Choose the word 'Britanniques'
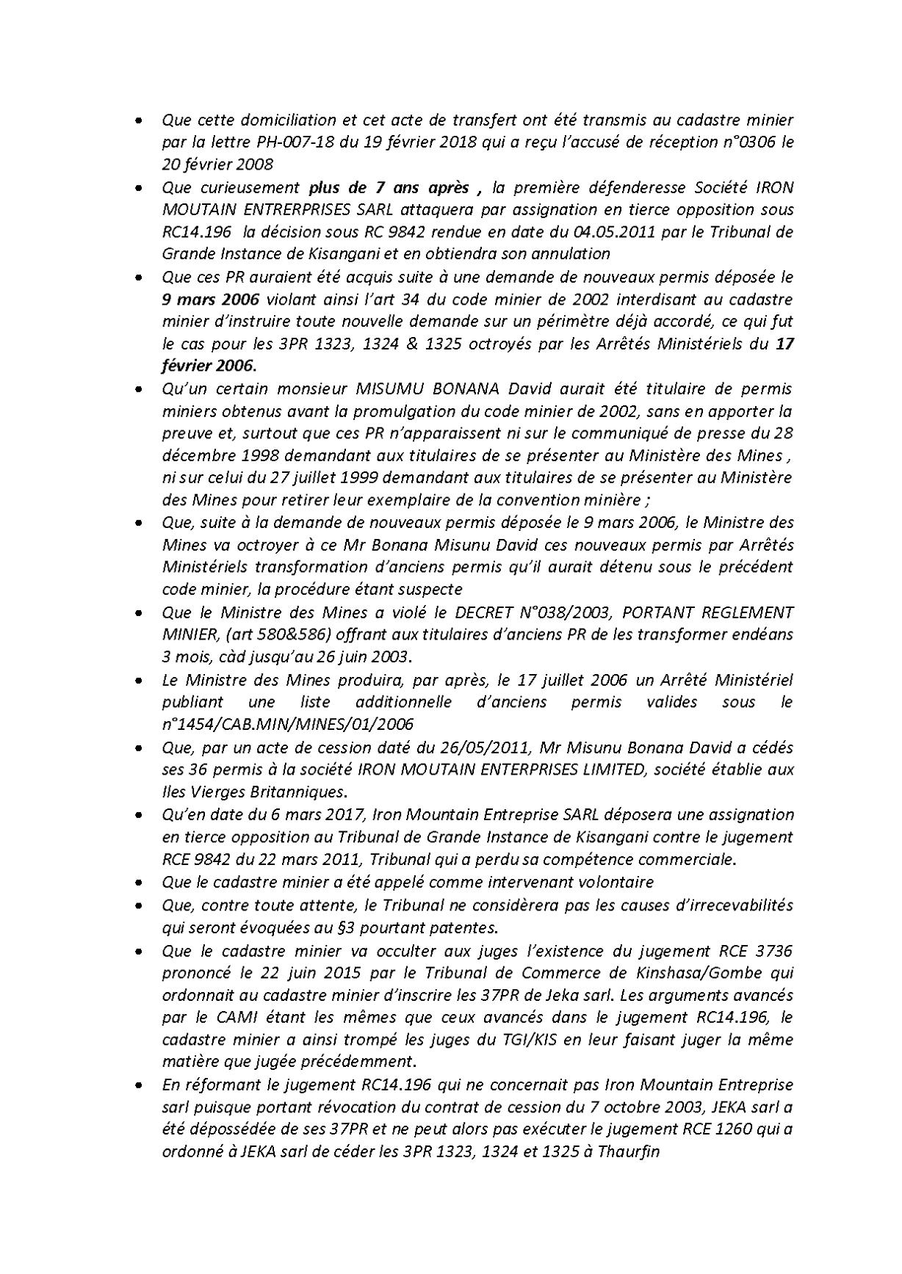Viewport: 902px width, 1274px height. click(x=300, y=792)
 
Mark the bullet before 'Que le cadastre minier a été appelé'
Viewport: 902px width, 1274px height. click(x=139, y=883)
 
